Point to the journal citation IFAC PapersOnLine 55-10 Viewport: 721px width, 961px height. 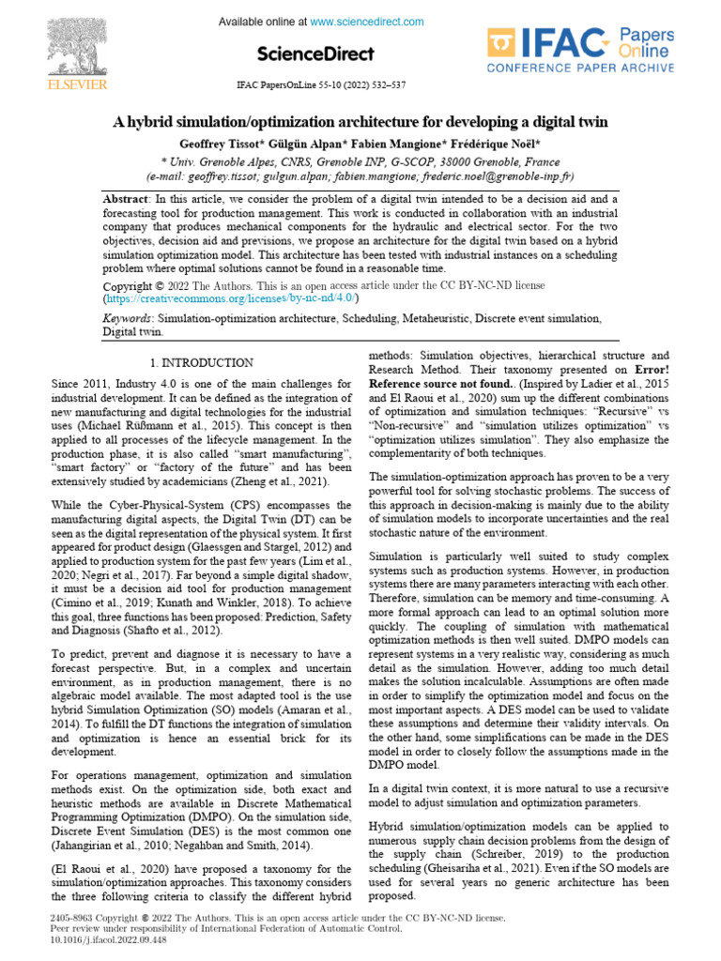[x=320, y=85]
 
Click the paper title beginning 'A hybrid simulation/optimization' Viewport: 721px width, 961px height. [x=360, y=122]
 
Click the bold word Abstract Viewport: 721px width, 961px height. [x=126, y=199]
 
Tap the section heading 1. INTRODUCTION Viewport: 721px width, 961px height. [x=201, y=362]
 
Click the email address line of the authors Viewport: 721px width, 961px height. [x=360, y=175]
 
